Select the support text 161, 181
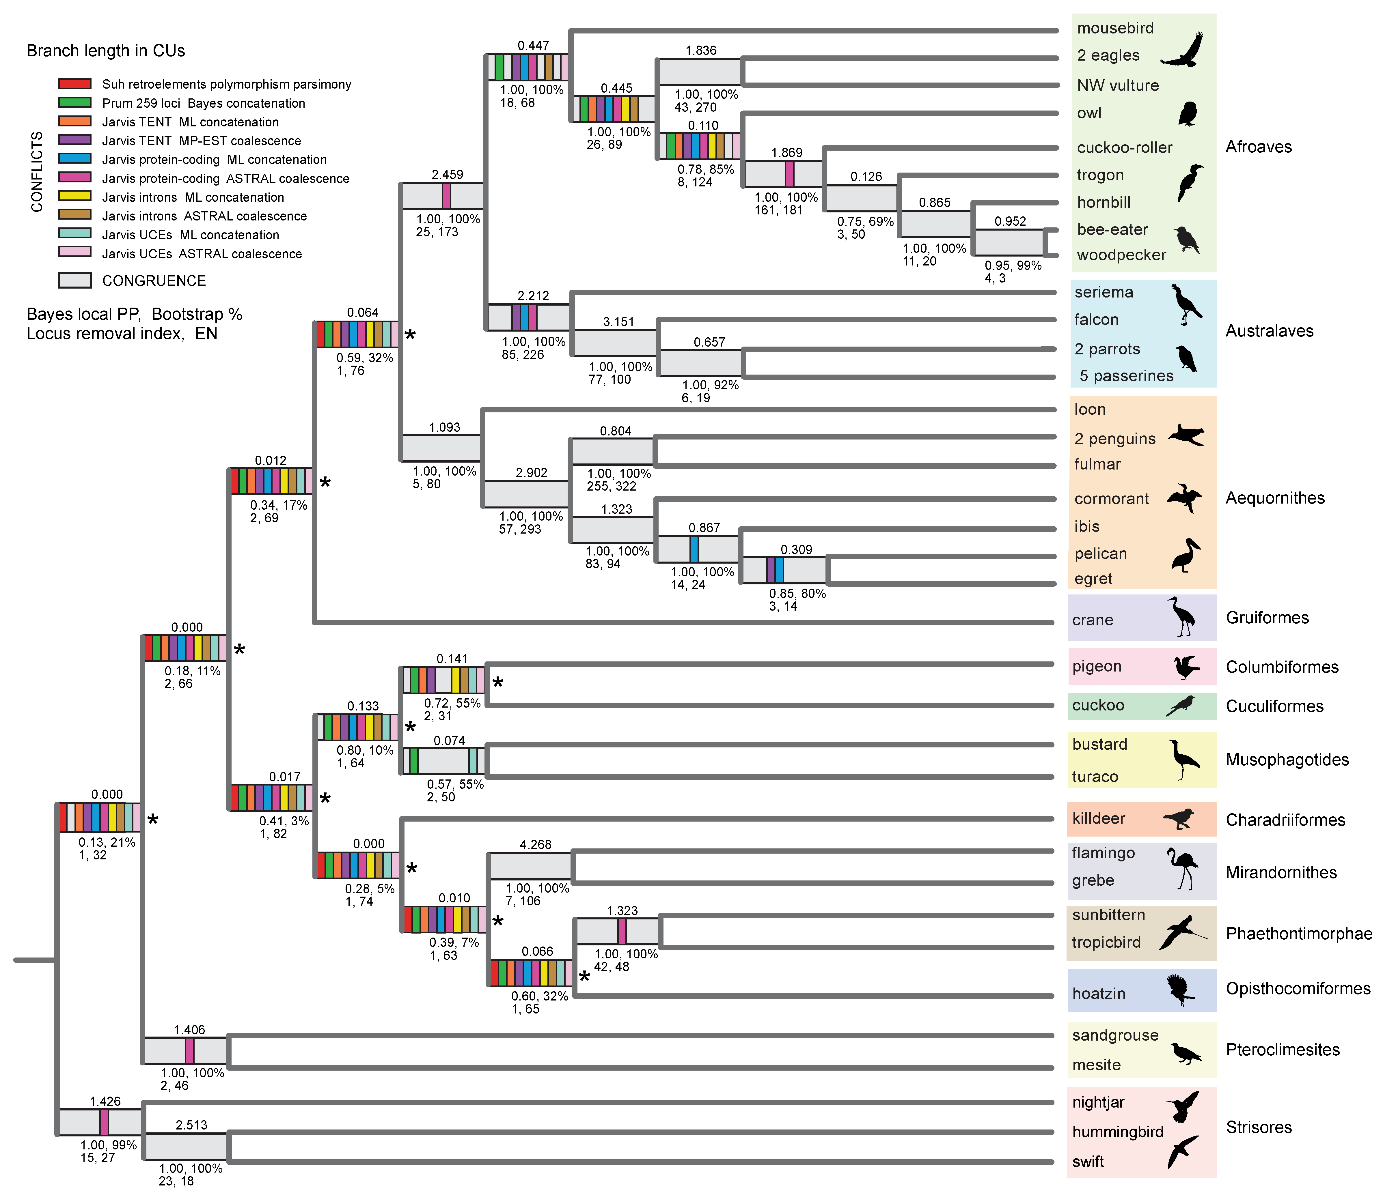click(778, 210)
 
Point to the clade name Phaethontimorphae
click(1298, 934)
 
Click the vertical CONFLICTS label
click(37, 172)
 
